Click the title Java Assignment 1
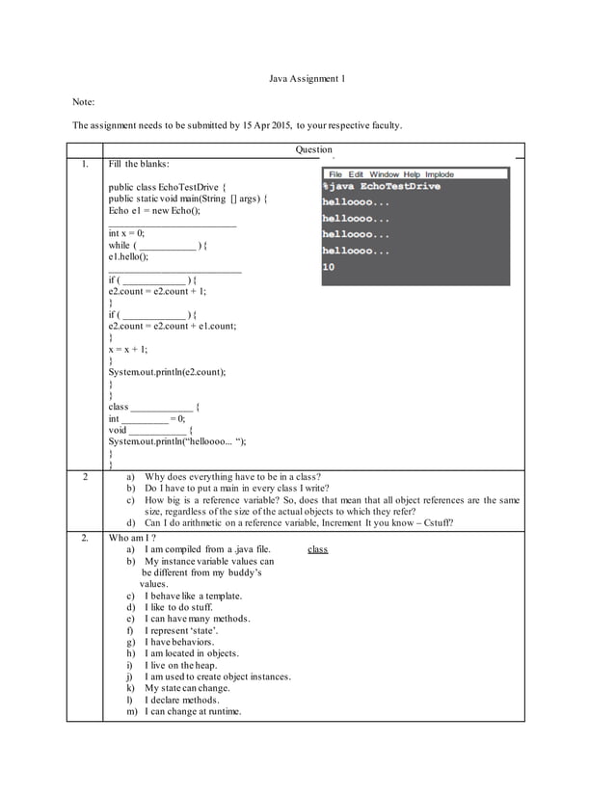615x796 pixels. pyautogui.click(x=307, y=78)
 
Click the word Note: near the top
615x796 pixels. pyautogui.click(x=85, y=101)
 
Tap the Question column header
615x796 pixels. pyautogui.click(x=313, y=149)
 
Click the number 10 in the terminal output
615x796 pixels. pyautogui.click(x=329, y=267)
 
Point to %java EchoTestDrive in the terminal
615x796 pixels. pyautogui.click(x=381, y=186)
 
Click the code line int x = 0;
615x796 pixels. pyautogui.click(x=127, y=234)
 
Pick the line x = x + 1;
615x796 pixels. pyautogui.click(x=129, y=350)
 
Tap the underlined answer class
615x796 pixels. pyautogui.click(x=317, y=549)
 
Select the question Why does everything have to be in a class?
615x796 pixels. pyautogui.click(x=232, y=476)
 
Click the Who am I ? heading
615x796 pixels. pyautogui.click(x=133, y=537)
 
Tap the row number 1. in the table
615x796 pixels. pyautogui.click(x=85, y=164)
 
